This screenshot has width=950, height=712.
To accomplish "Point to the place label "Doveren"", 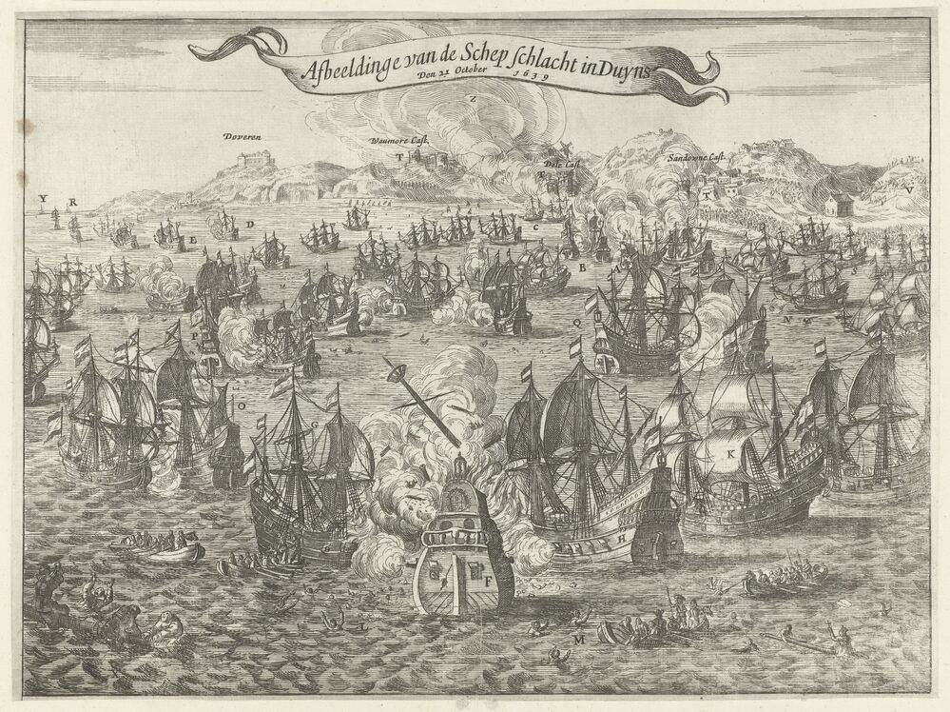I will pos(242,136).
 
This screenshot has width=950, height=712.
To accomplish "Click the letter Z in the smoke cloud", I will pos(473,98).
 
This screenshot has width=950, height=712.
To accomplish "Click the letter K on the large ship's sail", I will pos(730,454).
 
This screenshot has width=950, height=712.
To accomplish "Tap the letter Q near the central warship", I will pos(577,322).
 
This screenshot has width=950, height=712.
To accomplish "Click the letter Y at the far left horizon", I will pos(42,199).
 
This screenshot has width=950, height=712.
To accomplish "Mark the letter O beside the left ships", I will pos(241,405).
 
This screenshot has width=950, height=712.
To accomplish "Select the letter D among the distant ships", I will pos(248,224).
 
